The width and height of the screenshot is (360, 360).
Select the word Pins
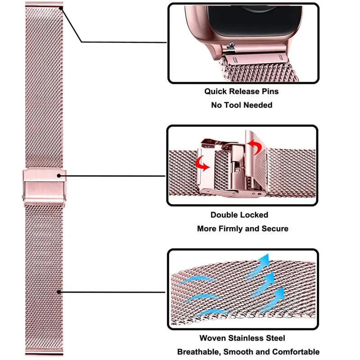[268, 91]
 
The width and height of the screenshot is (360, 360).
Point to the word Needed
[258, 105]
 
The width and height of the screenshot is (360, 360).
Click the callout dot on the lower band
[60, 292]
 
